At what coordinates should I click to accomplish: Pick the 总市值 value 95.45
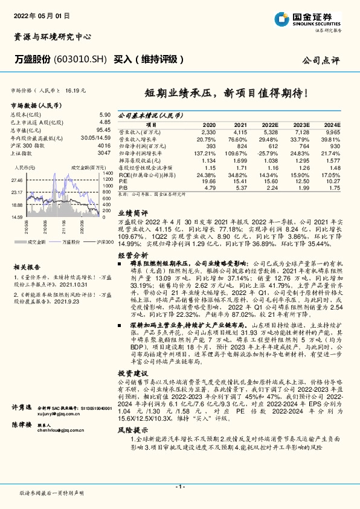pyautogui.click(x=103, y=129)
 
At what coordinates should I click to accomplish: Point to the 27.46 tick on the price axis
pyautogui.click(x=16, y=180)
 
